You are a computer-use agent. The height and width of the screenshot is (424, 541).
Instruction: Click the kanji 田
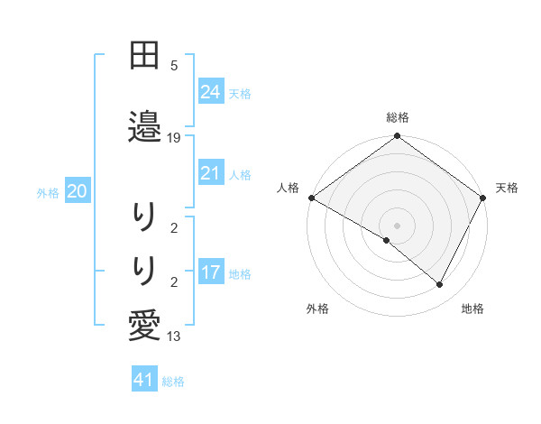pos(144,56)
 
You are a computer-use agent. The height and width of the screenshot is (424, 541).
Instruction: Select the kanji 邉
pos(144,124)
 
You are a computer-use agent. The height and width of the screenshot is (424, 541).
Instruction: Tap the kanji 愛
pos(144,323)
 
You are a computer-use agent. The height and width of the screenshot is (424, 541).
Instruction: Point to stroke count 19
pos(174,138)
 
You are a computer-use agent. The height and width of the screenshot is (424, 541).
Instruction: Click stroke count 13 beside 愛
pos(174,336)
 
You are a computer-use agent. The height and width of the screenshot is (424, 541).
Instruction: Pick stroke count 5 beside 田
pos(174,66)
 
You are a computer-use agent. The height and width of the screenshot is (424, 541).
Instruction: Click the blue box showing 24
pos(210,91)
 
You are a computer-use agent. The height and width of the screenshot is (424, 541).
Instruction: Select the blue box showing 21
pos(210,173)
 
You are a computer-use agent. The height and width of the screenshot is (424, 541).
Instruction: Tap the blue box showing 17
pos(210,272)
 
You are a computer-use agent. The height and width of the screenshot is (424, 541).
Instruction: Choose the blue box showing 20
pos(78,191)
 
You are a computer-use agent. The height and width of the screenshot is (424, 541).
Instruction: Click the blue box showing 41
pos(144,381)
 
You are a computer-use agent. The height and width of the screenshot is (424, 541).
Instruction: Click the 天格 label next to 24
pos(240,93)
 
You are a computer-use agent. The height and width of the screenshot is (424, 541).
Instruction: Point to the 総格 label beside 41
pos(173,382)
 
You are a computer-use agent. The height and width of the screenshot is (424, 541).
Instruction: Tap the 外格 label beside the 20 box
pos(48,192)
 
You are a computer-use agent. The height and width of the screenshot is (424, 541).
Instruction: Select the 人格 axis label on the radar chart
pos(289,188)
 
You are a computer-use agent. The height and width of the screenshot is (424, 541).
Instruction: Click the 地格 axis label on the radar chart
pos(472,309)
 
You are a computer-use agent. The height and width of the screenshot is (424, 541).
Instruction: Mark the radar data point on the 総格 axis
pos(398,137)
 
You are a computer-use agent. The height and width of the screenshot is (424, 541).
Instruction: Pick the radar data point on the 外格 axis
pos(387,240)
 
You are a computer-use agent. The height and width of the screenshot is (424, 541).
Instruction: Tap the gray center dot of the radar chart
pos(398,225)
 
